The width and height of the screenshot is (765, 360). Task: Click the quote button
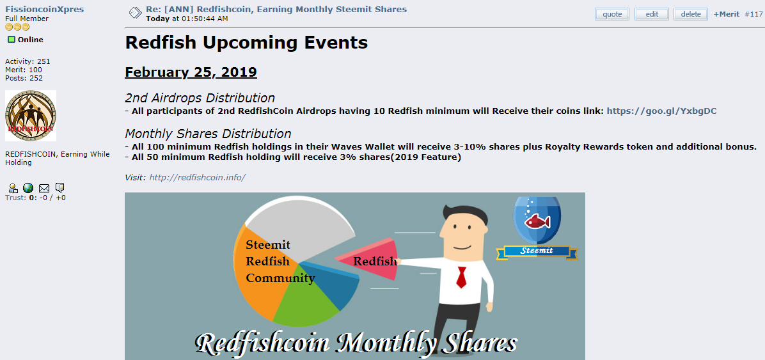point(612,14)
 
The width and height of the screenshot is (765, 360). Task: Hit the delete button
point(690,14)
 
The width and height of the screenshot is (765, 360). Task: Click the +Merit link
point(727,14)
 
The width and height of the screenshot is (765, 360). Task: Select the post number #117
point(753,14)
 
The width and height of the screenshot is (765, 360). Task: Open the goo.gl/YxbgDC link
point(661,111)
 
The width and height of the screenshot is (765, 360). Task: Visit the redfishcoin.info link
point(197,177)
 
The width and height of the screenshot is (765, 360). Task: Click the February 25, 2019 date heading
point(191,72)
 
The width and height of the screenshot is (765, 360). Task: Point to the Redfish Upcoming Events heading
point(246,42)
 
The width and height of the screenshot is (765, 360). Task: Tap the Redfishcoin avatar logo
point(31,116)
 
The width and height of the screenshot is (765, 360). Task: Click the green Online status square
point(12,40)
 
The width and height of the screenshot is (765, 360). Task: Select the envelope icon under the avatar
point(44,188)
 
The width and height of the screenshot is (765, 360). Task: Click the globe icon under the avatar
point(28,188)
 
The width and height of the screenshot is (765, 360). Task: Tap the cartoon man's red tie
point(461,277)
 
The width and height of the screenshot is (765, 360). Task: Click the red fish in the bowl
point(537,222)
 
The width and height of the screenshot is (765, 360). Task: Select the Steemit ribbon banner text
point(537,251)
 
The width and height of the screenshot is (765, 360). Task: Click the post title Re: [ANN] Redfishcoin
point(276,9)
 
